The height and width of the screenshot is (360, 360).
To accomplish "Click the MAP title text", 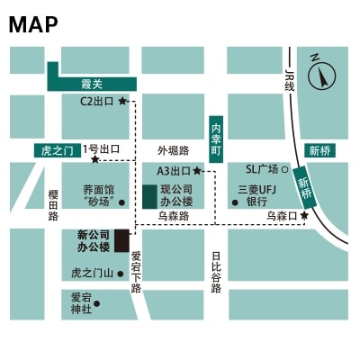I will point(32,24).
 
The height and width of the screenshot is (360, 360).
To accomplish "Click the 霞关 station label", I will point(92,83).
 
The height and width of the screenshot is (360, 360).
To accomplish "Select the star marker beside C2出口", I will point(122,101).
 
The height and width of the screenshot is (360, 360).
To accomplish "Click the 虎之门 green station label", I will point(57,150).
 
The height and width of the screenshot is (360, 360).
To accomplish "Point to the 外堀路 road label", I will point(173,149).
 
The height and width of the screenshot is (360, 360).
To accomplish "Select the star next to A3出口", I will point(196,170).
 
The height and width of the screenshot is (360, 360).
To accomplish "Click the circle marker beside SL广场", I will point(285,169).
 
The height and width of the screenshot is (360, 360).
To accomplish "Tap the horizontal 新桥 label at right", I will point(319,150).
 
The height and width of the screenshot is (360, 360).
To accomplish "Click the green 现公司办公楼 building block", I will point(148,196).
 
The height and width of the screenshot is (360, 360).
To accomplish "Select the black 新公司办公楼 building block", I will point(121,239).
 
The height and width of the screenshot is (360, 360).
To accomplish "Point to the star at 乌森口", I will point(304,216).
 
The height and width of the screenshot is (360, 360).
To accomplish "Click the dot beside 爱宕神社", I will point(97,303).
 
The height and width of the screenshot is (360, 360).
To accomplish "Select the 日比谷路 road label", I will point(216,271).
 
